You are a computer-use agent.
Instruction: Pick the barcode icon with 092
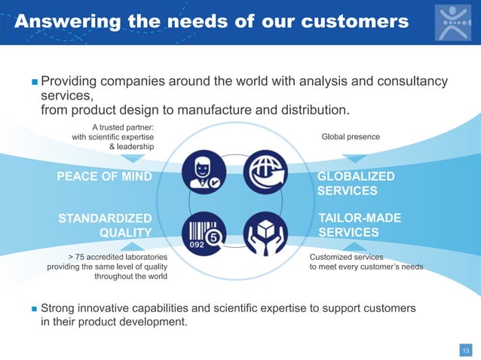203,231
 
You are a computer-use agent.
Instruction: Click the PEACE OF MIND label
105,176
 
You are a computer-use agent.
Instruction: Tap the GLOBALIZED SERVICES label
356,183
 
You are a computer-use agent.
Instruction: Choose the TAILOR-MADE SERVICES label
360,225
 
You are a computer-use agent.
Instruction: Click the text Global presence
351,136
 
